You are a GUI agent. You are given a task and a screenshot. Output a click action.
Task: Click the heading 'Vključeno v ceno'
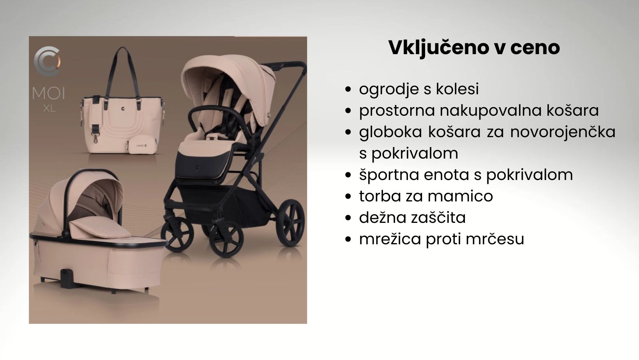(x=474, y=48)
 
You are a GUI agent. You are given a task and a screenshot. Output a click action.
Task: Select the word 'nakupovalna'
(x=491, y=111)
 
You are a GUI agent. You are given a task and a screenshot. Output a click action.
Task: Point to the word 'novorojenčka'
(x=563, y=132)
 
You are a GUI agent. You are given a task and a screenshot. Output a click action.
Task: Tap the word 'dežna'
(x=383, y=217)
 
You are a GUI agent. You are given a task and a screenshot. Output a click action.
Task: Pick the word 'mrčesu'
(x=495, y=239)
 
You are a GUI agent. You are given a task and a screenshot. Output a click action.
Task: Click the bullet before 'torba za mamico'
(x=348, y=196)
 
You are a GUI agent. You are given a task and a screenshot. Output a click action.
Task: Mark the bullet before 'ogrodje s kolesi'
(x=348, y=89)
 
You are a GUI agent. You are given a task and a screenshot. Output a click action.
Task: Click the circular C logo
(x=47, y=61)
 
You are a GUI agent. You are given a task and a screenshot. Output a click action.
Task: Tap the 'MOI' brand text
(x=48, y=93)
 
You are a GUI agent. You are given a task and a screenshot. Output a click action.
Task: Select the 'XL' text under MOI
(x=49, y=108)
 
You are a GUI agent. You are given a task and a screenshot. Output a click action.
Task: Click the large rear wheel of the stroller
(x=290, y=223)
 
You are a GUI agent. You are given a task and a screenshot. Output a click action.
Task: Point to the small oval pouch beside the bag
(x=142, y=145)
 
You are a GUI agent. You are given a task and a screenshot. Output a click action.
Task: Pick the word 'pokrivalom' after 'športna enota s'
(x=530, y=175)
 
